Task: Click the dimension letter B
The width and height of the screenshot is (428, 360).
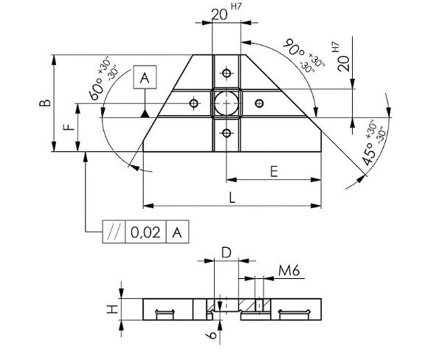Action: pos(45,103)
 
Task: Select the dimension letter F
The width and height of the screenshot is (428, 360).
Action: pos(69,127)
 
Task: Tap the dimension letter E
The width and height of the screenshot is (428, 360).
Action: pos(274,171)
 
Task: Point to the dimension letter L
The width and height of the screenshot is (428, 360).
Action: pos(232,198)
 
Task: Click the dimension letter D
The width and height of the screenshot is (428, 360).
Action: pos(227,253)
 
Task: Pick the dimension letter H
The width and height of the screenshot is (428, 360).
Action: pos(112,309)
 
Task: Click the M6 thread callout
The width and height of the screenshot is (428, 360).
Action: pos(289,271)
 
